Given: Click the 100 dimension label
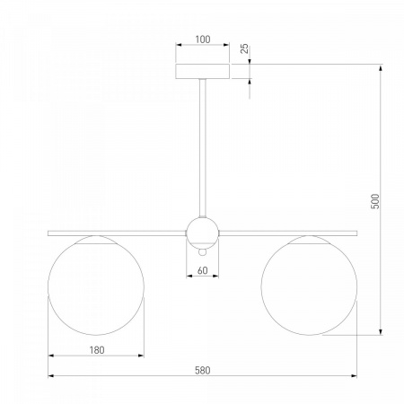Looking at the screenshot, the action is pyautogui.click(x=203, y=40).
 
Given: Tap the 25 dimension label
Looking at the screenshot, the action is pyautogui.click(x=245, y=48).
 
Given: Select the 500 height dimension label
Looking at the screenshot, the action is pyautogui.click(x=375, y=201).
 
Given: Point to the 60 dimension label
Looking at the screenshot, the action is pyautogui.click(x=203, y=270).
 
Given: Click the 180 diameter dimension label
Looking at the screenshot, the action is pyautogui.click(x=97, y=350).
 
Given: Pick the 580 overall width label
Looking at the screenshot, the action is pyautogui.click(x=203, y=371).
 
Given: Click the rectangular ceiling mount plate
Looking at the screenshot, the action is pyautogui.click(x=202, y=71).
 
